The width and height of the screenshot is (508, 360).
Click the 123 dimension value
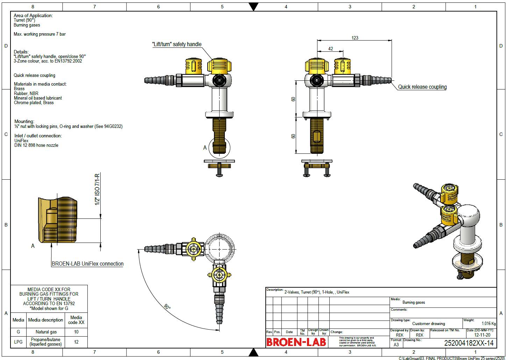click(x=355, y=38)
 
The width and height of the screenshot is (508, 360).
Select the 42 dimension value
click(x=330, y=49)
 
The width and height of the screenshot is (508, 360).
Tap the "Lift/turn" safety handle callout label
click(x=177, y=44)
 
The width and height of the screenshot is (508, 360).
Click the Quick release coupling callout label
click(x=422, y=87)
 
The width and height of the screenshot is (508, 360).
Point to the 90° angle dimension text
click(x=167, y=307)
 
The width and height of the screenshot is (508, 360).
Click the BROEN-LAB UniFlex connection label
click(x=87, y=264)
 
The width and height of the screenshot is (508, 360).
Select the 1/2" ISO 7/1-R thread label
click(x=98, y=189)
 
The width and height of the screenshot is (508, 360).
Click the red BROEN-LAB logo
click(x=296, y=342)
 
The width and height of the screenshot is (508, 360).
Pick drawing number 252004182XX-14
click(x=468, y=343)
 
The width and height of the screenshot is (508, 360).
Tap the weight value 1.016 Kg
click(x=488, y=324)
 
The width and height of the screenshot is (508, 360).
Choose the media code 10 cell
click(x=76, y=332)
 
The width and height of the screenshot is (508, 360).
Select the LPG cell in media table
click(x=18, y=342)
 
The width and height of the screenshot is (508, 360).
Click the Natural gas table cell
click(x=46, y=332)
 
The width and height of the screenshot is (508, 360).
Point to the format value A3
click(x=396, y=345)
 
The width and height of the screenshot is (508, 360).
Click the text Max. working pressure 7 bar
click(x=40, y=34)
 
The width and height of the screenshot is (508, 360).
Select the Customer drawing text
click(x=428, y=324)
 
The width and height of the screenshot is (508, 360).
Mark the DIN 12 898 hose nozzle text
click(x=36, y=145)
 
